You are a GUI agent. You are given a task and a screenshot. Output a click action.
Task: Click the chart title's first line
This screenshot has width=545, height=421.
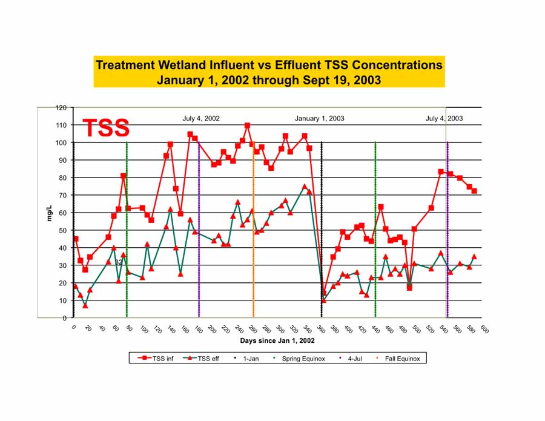pyautogui.click(x=269, y=65)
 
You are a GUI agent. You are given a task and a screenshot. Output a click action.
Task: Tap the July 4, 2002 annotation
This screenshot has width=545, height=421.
pyautogui.click(x=201, y=118)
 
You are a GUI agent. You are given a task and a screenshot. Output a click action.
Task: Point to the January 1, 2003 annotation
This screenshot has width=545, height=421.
pyautogui.click(x=319, y=118)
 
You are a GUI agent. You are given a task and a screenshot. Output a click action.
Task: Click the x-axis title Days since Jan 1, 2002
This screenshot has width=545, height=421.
pyautogui.click(x=277, y=341)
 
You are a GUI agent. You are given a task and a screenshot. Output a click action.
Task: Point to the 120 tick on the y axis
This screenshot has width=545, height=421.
pyautogui.click(x=61, y=108)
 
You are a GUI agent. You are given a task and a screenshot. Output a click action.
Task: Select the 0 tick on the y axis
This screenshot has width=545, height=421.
pyautogui.click(x=64, y=318)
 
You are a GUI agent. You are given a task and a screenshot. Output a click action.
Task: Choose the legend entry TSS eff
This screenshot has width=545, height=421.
pyautogui.click(x=202, y=359)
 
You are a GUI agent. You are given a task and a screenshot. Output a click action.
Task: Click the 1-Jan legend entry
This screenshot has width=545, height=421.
pyautogui.click(x=250, y=359)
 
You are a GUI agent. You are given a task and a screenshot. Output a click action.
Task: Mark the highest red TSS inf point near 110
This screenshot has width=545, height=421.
pyautogui.click(x=247, y=125)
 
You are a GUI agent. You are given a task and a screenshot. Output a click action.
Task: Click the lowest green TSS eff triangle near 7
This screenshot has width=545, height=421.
pyautogui.click(x=85, y=305)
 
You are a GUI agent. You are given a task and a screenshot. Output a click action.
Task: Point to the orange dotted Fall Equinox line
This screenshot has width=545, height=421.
pyautogui.click(x=253, y=242)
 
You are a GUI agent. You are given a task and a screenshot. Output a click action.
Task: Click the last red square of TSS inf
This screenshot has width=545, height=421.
pyautogui.click(x=475, y=191)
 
